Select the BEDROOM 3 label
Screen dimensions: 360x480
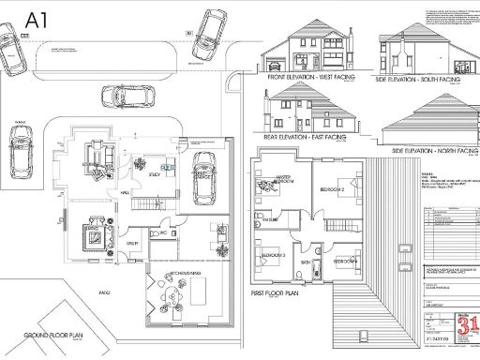[x=273, y=255]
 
